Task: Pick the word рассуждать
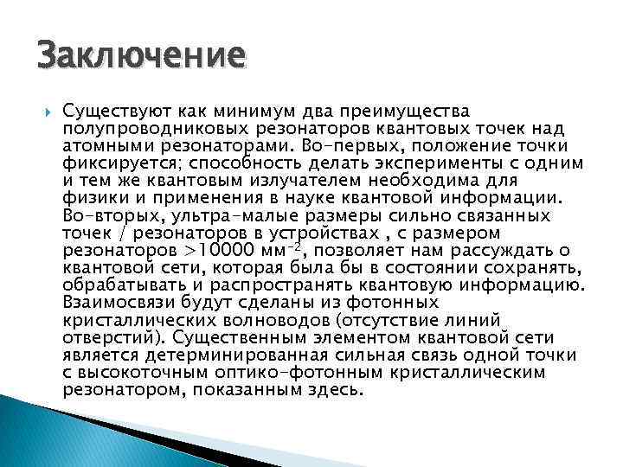pos(504,250)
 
